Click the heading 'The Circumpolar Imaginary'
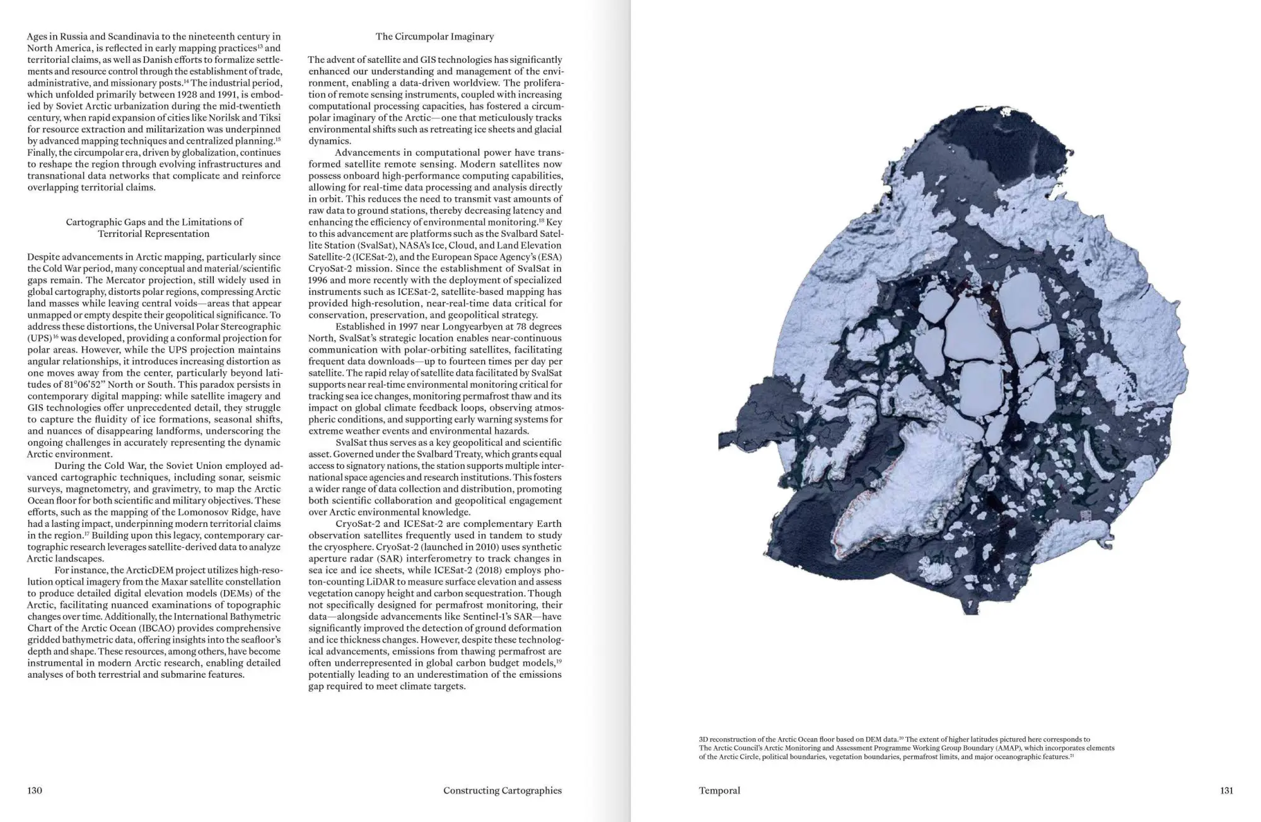pyautogui.click(x=434, y=37)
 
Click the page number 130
pyautogui.click(x=35, y=790)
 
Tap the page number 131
pyautogui.click(x=1226, y=790)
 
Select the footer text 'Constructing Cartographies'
pyautogui.click(x=502, y=790)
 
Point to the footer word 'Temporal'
pyautogui.click(x=719, y=790)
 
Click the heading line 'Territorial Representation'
pyautogui.click(x=154, y=234)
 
